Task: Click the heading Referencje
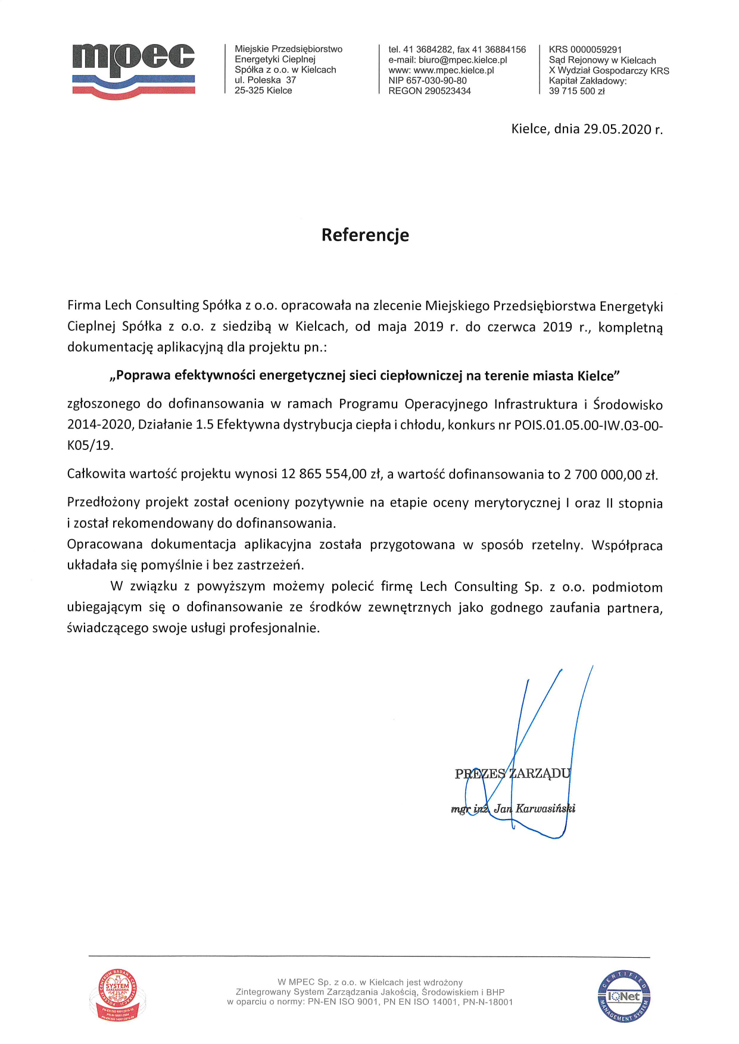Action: pyautogui.click(x=365, y=235)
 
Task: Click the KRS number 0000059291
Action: pyautogui.click(x=595, y=49)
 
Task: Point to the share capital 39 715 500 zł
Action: pyautogui.click(x=576, y=91)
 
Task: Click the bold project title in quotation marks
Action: pyautogui.click(x=365, y=376)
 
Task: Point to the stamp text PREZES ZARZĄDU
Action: pyautogui.click(x=513, y=774)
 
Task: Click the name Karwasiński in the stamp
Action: pyautogui.click(x=545, y=808)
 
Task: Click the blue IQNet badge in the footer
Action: pyautogui.click(x=623, y=996)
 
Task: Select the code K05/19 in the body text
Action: pyautogui.click(x=90, y=445)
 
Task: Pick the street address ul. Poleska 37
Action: pyautogui.click(x=265, y=80)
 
